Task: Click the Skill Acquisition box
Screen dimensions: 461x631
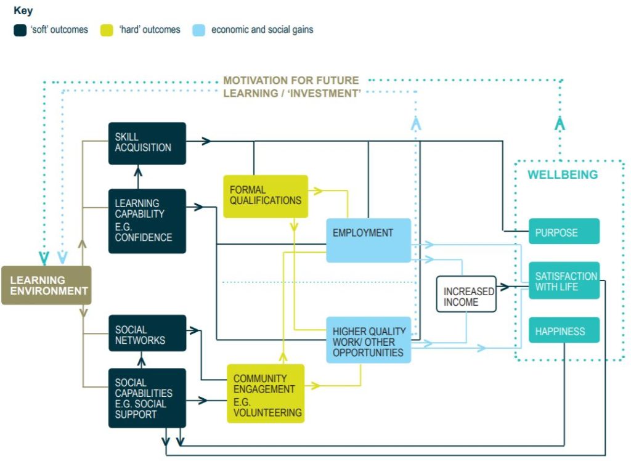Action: click(147, 143)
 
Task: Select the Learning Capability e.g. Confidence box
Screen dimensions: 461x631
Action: click(147, 221)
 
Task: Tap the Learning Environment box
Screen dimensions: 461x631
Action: click(46, 285)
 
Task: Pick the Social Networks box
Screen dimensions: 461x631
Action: click(147, 333)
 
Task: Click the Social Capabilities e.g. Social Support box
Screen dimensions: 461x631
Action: click(147, 398)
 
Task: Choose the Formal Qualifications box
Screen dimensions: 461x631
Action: click(265, 196)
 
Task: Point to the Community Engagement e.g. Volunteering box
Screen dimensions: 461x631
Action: click(265, 393)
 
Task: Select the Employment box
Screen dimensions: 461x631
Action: click(368, 240)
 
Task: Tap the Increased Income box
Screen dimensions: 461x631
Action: click(466, 293)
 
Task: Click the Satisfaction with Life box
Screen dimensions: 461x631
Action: click(563, 280)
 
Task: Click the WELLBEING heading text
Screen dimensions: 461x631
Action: click(562, 175)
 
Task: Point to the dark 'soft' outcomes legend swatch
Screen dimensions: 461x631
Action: click(20, 30)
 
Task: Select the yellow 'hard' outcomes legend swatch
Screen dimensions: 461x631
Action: click(107, 30)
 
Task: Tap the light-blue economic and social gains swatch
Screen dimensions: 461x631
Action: click(198, 30)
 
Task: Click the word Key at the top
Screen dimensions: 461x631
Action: click(23, 10)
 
